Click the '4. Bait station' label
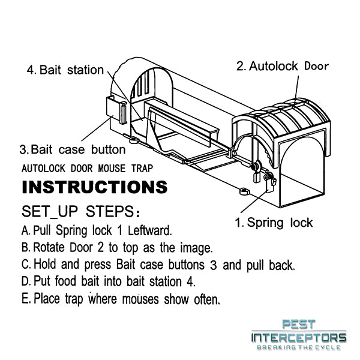[x=65, y=70]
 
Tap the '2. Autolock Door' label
[x=282, y=66]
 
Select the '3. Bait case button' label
[x=73, y=149]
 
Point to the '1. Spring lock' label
[x=274, y=223]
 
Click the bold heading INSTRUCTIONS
[x=94, y=187]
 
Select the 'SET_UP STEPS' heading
[x=81, y=212]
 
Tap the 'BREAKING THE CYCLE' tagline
[x=298, y=348]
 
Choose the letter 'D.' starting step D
[x=26, y=281]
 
